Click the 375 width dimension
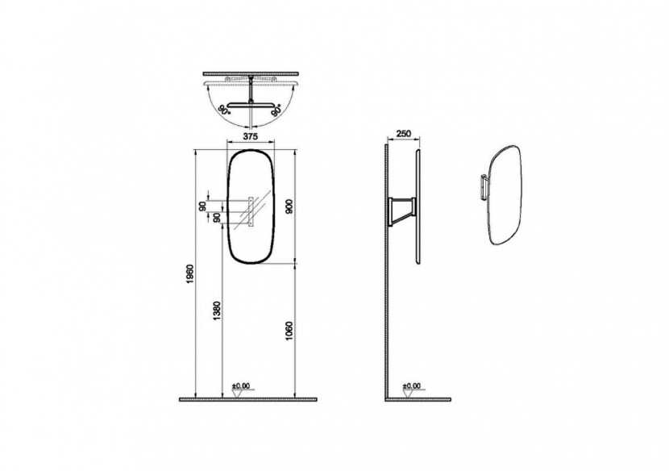coord(251,137)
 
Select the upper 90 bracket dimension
coord(202,206)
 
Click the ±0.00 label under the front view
coord(241,387)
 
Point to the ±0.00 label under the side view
coord(412,387)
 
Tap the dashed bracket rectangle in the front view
coord(251,211)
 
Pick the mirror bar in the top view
coord(251,103)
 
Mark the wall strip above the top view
coord(251,73)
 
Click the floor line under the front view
coord(251,398)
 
